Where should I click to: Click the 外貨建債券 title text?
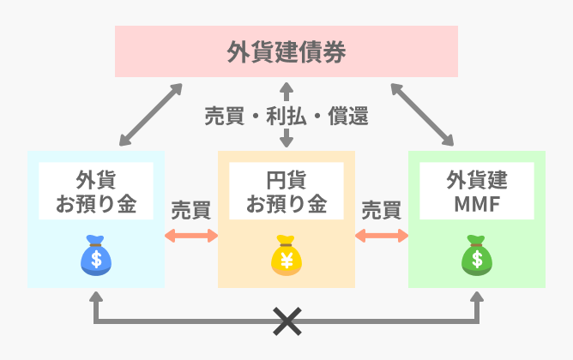(x=286, y=51)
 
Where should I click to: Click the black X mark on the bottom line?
(x=286, y=321)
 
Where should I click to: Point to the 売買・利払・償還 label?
(x=286, y=116)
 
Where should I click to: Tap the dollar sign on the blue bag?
(x=96, y=259)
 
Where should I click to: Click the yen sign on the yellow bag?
(x=286, y=259)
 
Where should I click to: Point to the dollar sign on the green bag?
(x=476, y=259)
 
